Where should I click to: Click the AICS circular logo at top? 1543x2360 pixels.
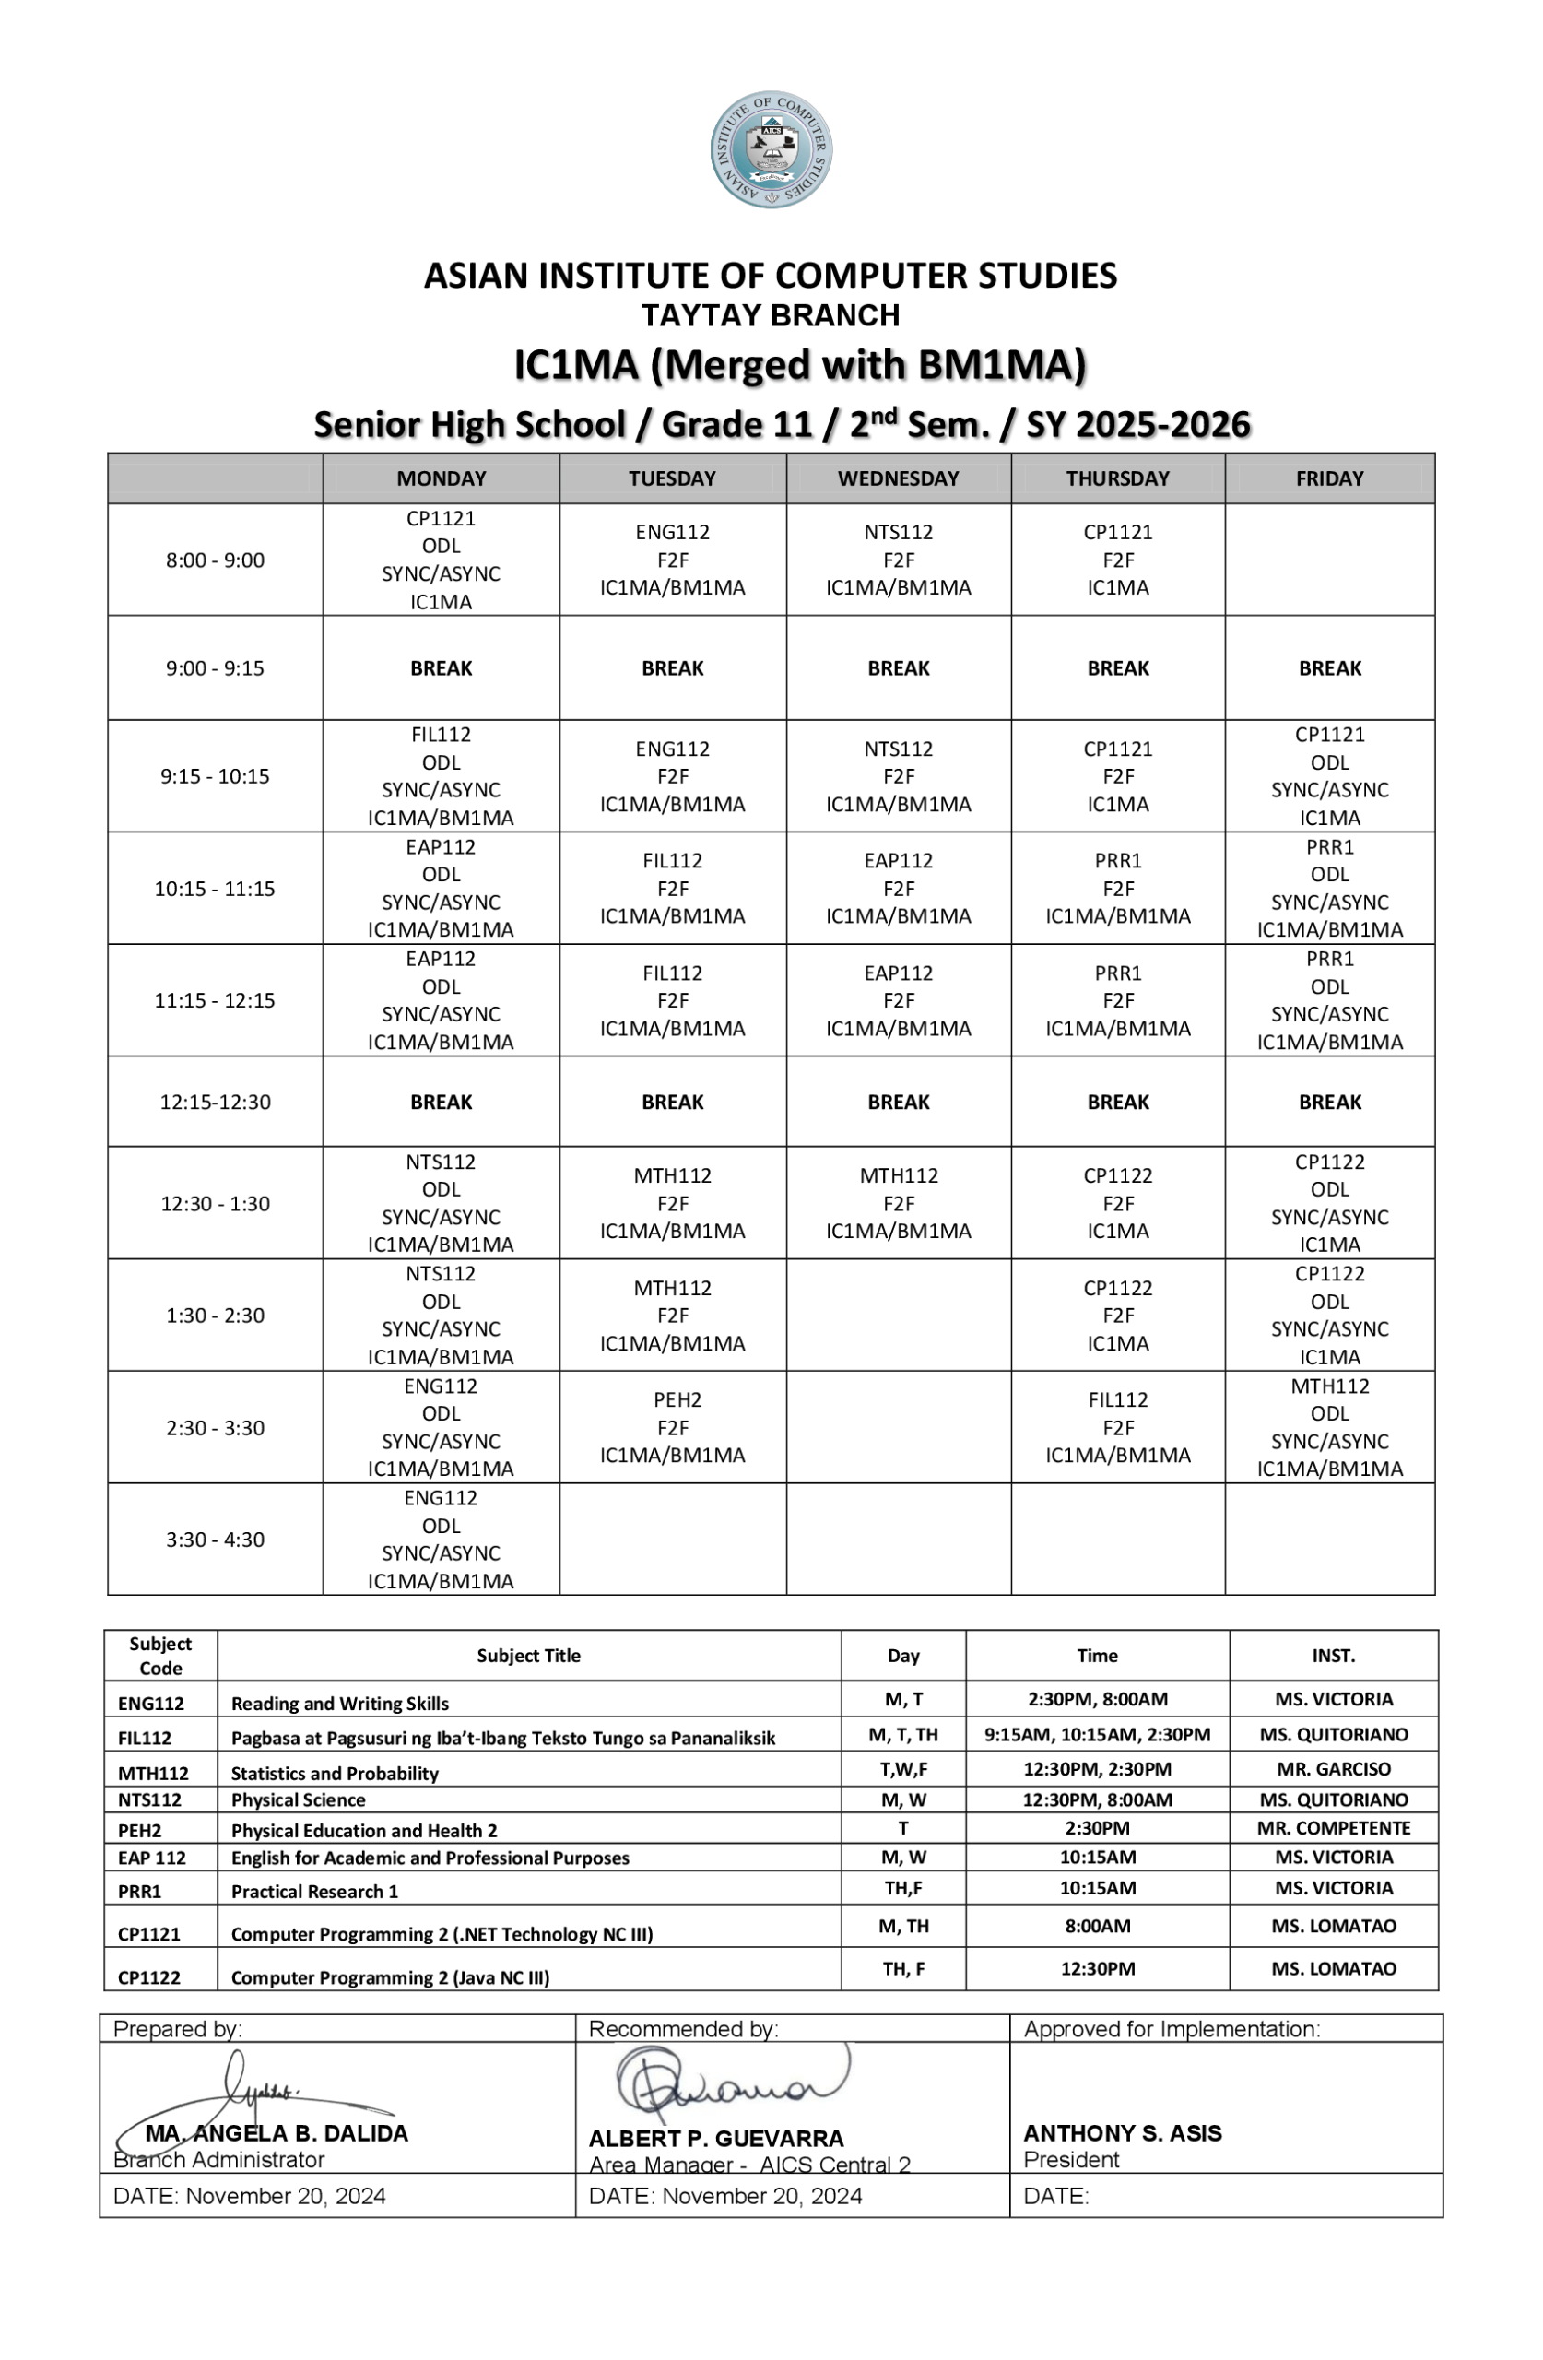(771, 149)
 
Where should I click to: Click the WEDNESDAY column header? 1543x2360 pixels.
(898, 478)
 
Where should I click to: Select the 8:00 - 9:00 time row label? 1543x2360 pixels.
(215, 560)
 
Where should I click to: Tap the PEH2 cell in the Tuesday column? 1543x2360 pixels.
(672, 1427)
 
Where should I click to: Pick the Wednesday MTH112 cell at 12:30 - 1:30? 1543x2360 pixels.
(898, 1203)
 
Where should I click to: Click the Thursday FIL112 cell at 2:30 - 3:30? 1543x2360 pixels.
(1117, 1427)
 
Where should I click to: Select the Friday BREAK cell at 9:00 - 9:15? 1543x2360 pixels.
(1329, 668)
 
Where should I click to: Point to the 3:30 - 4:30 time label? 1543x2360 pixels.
(215, 1539)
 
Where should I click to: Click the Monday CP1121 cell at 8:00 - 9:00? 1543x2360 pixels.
(442, 560)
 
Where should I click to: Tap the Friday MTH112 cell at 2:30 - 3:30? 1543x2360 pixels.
(1329, 1427)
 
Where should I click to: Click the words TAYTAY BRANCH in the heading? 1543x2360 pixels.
(771, 315)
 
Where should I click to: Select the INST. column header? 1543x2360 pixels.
(1333, 1656)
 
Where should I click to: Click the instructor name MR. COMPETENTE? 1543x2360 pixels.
(1333, 1827)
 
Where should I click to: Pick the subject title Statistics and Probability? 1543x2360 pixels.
(335, 1774)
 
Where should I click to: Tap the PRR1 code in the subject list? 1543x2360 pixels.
(139, 1892)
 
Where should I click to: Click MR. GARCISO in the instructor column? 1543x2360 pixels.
(1333, 1769)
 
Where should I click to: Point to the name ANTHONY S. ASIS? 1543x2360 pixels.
(1122, 2133)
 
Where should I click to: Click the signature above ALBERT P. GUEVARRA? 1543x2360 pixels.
(729, 2083)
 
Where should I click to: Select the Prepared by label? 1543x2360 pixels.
(178, 2029)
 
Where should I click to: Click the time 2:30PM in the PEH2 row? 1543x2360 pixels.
(1097, 1827)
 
